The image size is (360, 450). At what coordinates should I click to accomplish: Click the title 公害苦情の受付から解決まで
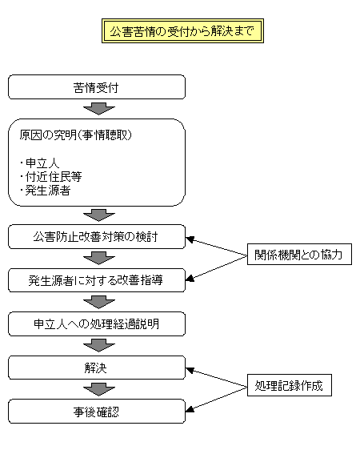[182, 31]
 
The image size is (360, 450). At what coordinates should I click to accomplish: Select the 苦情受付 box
[97, 86]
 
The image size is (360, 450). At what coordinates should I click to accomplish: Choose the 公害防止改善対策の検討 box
[97, 237]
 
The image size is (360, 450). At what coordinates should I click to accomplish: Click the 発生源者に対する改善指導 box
[97, 280]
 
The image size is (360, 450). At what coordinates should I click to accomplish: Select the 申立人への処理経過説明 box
[97, 324]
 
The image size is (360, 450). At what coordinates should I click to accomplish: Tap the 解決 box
[97, 368]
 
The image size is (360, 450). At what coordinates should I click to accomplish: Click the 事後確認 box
[97, 412]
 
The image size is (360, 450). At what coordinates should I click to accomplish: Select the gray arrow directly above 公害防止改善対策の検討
[99, 215]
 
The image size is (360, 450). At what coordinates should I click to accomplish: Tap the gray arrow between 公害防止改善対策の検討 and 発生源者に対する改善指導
[99, 259]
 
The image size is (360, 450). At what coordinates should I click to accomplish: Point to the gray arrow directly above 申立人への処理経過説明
[99, 303]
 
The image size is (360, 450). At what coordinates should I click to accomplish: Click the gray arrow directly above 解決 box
[99, 346]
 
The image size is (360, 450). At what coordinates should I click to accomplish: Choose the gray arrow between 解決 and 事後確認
[99, 390]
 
